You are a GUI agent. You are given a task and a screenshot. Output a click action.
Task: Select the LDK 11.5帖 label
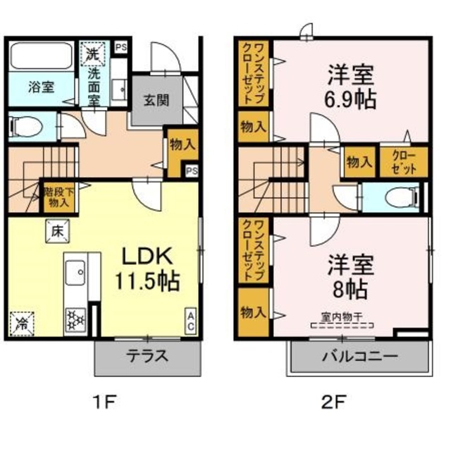(147, 268)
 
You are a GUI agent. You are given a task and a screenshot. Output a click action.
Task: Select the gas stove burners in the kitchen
(74, 321)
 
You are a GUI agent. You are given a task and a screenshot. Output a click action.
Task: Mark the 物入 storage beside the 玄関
(181, 144)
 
